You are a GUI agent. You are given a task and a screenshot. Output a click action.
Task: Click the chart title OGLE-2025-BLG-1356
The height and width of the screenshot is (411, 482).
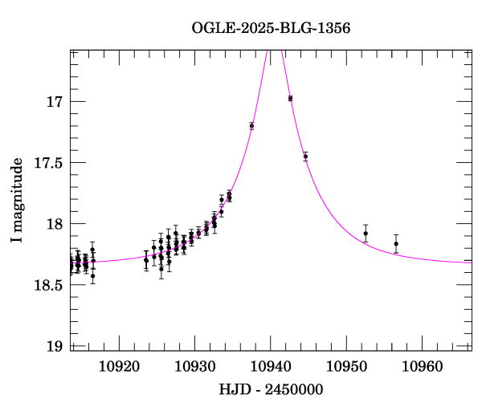tap(271, 28)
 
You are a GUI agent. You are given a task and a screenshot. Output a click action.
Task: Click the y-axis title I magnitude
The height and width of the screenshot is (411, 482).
tap(17, 201)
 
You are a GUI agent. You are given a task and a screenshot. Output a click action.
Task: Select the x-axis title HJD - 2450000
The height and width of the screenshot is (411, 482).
tap(271, 389)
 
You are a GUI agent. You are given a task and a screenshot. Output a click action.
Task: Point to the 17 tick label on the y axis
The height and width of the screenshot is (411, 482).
tap(54, 102)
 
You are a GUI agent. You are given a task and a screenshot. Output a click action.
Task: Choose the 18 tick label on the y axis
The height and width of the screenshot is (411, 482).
tap(54, 224)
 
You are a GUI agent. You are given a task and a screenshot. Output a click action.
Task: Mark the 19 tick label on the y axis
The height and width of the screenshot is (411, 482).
tap(54, 346)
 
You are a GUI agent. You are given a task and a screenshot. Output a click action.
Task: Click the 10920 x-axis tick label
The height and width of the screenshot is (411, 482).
tap(117, 368)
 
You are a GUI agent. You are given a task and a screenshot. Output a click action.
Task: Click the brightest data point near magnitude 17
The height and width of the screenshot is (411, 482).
tap(290, 98)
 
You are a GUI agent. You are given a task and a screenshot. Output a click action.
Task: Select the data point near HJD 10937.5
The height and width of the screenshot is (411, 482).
tap(251, 125)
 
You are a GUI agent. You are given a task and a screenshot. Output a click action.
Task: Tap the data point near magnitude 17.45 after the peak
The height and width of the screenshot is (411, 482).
tap(305, 156)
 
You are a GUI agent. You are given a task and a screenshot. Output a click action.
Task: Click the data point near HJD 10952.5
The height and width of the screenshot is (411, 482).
tap(366, 233)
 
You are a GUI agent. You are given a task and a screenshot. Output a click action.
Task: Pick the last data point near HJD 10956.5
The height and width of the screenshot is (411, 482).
tap(396, 243)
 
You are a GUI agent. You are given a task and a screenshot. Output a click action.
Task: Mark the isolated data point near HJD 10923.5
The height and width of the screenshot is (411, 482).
tap(145, 260)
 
